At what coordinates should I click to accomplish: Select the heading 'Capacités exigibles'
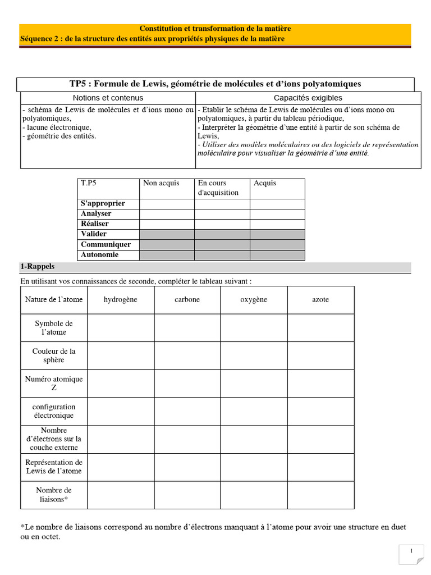click(x=308, y=98)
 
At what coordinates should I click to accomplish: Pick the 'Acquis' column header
click(x=265, y=183)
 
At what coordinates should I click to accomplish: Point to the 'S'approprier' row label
click(x=103, y=203)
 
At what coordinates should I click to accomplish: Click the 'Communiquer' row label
click(x=106, y=244)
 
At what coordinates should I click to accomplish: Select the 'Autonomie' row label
click(x=99, y=255)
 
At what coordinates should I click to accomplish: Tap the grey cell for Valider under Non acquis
click(x=167, y=234)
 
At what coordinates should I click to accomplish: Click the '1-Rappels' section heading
click(x=38, y=266)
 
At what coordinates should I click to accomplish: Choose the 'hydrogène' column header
click(x=120, y=300)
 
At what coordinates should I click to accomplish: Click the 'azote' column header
click(x=320, y=300)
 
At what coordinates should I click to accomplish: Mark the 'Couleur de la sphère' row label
click(x=53, y=355)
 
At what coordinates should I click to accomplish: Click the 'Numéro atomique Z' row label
click(x=53, y=383)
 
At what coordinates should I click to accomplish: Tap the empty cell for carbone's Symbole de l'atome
click(x=187, y=328)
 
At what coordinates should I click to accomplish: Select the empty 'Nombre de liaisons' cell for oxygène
click(x=254, y=495)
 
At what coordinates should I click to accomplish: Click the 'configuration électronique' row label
click(x=53, y=411)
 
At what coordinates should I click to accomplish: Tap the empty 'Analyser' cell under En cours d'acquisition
click(x=222, y=213)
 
